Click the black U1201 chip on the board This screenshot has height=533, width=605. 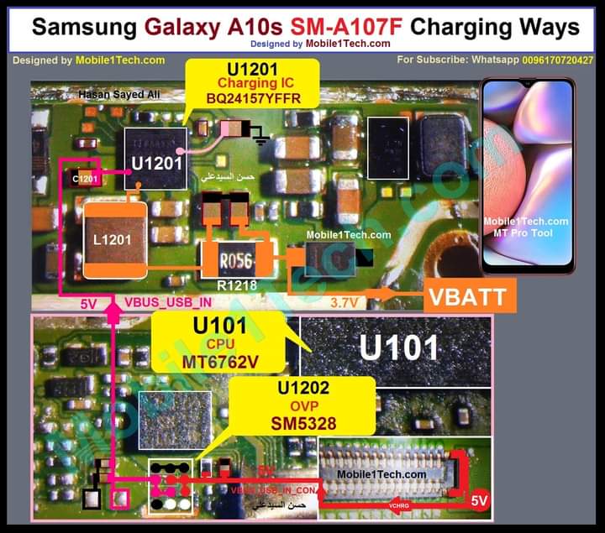click(155, 160)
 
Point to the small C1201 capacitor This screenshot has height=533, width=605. click(86, 179)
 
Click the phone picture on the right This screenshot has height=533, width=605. click(527, 176)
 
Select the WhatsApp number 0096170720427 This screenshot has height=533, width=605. click(557, 60)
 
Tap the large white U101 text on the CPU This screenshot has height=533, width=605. click(399, 346)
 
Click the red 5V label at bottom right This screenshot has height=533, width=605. click(479, 501)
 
